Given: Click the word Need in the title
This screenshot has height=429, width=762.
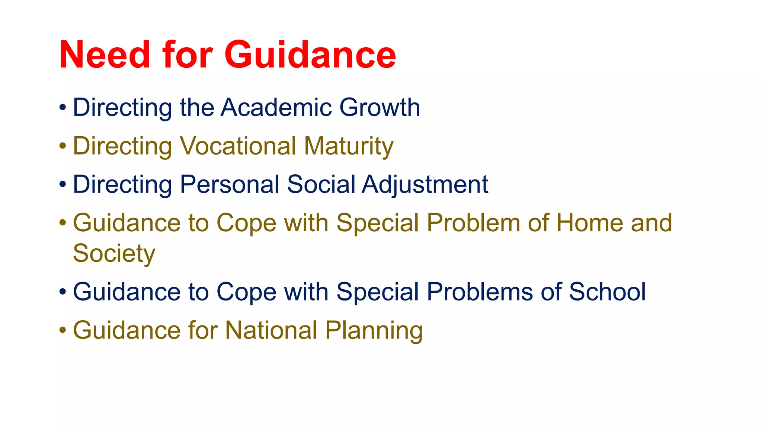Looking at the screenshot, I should pos(105,55).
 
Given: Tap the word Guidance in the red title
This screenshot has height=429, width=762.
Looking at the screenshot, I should pos(310,55).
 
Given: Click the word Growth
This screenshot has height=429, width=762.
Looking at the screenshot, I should pos(380,108).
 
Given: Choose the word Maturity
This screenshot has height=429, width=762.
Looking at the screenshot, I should pos(349,146).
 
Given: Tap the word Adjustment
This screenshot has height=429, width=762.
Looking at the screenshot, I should pos(425,184).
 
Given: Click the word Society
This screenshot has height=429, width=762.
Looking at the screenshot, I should pos(114,254).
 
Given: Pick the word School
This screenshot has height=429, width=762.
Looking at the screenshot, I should pos(607,292).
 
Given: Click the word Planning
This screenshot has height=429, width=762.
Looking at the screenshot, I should pos(374,330).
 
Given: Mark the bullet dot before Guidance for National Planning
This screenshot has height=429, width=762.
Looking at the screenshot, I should pos(63,330).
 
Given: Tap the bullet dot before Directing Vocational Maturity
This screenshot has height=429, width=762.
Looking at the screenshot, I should pos(63,146).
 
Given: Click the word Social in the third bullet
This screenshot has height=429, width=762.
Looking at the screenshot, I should pos(321,184).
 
